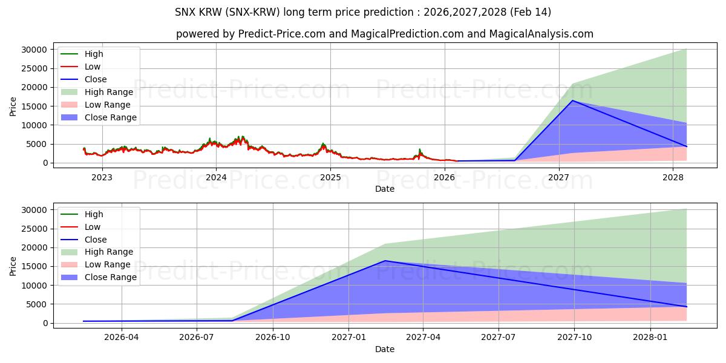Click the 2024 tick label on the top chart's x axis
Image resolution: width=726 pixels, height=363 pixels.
click(216, 177)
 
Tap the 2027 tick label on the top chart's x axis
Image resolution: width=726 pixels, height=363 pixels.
click(558, 177)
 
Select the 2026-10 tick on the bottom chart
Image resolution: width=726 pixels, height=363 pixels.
click(273, 338)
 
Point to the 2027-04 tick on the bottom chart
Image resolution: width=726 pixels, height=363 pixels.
click(423, 338)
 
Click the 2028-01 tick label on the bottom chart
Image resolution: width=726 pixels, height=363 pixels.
click(650, 338)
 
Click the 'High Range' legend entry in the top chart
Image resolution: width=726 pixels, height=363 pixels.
click(108, 92)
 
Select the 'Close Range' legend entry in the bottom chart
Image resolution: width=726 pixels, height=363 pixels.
click(110, 277)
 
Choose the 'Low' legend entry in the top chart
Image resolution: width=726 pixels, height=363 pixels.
click(93, 67)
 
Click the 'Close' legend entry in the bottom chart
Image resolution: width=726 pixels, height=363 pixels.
click(96, 240)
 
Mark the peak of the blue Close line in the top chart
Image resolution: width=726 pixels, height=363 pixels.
click(572, 100)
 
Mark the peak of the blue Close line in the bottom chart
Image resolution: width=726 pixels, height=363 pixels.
click(385, 261)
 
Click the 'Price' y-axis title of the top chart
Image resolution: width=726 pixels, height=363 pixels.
click(13, 106)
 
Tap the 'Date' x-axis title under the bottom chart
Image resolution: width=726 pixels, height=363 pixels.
click(384, 349)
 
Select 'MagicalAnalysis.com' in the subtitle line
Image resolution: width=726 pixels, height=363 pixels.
click(542, 34)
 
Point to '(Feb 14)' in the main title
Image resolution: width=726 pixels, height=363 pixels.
click(530, 12)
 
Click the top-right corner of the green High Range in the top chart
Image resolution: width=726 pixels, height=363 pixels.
click(686, 49)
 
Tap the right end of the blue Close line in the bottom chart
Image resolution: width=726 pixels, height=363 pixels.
click(687, 307)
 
